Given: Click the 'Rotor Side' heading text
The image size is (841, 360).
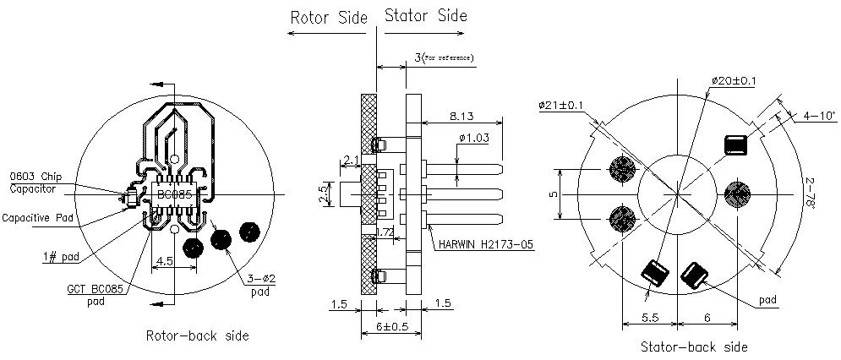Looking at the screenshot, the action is [x=329, y=17].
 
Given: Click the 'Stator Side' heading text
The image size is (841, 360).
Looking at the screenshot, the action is [x=426, y=15].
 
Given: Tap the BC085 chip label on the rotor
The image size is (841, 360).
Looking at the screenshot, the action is [x=174, y=194].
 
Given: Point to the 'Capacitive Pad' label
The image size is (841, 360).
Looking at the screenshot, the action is [x=37, y=218].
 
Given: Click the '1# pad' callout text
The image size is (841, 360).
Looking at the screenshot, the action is [x=63, y=257].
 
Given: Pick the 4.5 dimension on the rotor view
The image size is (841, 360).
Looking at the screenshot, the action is [x=163, y=261].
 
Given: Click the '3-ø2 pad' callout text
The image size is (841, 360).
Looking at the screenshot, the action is [x=260, y=285].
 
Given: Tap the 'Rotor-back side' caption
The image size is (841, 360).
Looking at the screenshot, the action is [x=198, y=335].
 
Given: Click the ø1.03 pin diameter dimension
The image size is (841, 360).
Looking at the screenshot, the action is [x=475, y=139].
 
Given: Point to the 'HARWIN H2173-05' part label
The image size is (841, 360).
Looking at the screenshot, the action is [x=486, y=245].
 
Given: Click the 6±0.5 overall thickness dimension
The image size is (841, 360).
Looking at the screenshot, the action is [x=391, y=327].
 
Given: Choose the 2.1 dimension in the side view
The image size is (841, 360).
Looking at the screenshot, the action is [x=352, y=159].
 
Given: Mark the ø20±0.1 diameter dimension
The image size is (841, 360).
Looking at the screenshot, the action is [x=734, y=81].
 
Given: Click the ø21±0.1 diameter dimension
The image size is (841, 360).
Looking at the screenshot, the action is [x=561, y=106].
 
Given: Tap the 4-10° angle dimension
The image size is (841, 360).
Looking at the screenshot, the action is [x=820, y=115].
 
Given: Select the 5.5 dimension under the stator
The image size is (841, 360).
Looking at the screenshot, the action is [x=649, y=318].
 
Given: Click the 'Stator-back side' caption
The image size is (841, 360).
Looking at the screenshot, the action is [x=694, y=346].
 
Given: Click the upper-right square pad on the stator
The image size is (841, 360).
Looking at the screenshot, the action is [x=736, y=145].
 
